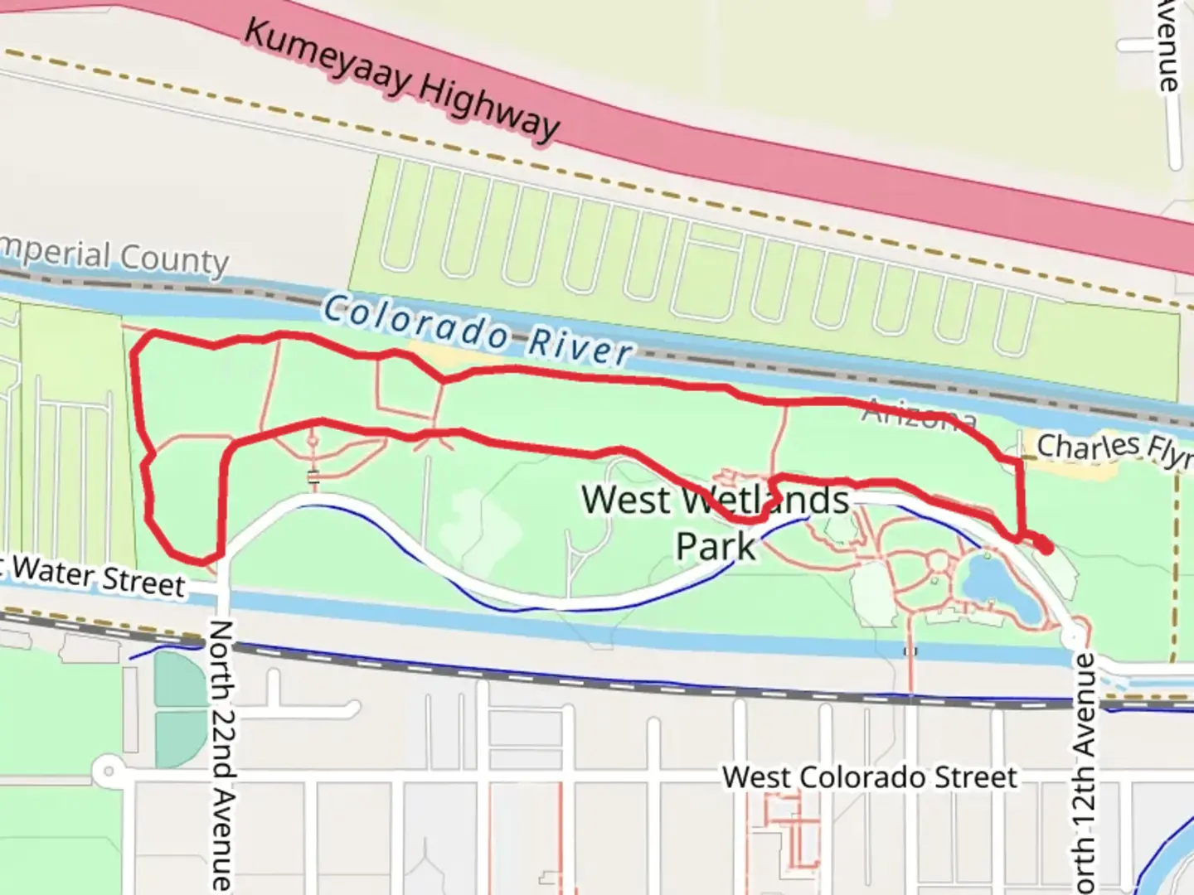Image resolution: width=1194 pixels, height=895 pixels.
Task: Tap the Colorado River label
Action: point(477,331)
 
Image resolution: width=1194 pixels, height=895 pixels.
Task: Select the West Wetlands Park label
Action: point(716,522)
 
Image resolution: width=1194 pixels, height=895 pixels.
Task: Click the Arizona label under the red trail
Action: point(919,414)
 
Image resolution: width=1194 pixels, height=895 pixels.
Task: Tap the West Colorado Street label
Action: point(869,777)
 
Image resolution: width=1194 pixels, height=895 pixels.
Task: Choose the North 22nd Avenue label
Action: point(221,754)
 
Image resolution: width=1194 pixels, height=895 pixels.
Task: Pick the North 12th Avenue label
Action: point(1085,771)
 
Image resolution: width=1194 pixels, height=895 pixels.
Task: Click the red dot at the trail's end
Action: point(1046,547)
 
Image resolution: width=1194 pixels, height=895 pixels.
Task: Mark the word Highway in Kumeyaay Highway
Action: point(489,107)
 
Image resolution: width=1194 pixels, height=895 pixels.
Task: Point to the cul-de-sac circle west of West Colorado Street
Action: point(107,773)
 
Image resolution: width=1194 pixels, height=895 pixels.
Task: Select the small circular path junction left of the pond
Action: point(938,563)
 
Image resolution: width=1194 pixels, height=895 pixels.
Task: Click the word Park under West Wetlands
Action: point(716,547)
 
